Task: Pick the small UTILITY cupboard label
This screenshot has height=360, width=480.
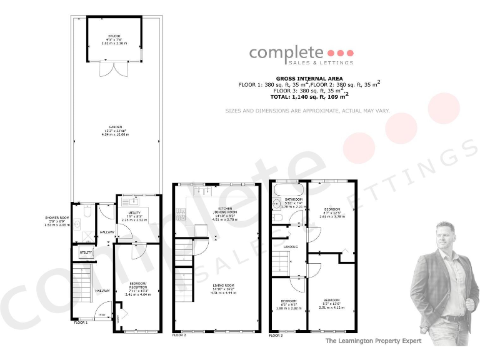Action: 86,252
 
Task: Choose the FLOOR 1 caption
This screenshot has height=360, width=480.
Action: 81,323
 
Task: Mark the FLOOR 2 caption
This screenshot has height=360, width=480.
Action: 179,336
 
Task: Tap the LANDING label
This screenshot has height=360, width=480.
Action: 290,247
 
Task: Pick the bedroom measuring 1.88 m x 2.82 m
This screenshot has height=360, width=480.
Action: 289,303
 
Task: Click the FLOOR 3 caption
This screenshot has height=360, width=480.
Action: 275,336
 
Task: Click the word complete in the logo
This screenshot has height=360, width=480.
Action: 287,52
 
